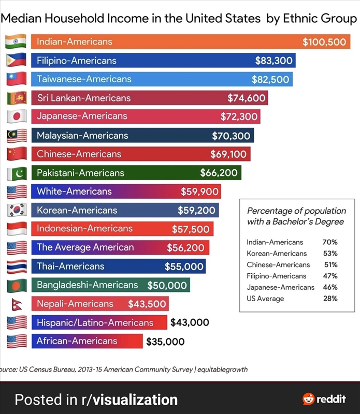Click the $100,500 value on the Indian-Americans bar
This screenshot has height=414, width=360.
pos(324,42)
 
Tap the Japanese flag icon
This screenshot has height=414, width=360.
pos(16,116)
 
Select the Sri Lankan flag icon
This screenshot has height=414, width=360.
pos(16,98)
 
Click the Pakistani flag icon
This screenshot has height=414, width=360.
pos(16,173)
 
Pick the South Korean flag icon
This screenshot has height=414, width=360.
pos(16,210)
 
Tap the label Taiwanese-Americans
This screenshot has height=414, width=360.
pos(84,79)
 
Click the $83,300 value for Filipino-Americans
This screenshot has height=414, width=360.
pos(274,61)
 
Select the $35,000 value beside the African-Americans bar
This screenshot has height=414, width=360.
pos(165,342)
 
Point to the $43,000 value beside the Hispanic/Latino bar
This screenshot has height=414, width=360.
pos(190,322)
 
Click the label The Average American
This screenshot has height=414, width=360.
pos(85,247)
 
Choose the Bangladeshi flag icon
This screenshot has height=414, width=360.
pos(16,285)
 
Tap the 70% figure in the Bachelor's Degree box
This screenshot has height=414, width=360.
pos(330,242)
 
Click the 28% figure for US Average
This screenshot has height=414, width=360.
pos(330,299)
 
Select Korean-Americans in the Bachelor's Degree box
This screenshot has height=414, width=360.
pos(277,254)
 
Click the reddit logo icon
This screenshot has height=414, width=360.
pos(309,398)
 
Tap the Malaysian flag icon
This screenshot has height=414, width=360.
pos(16,136)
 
